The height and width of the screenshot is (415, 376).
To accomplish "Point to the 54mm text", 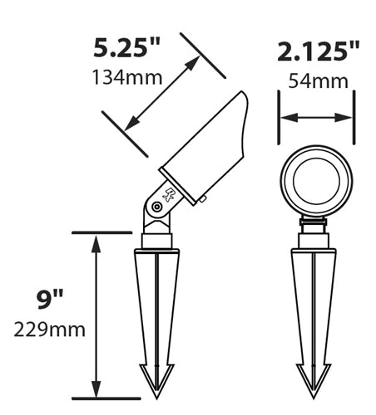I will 317,81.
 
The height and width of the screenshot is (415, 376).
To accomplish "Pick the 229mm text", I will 49,330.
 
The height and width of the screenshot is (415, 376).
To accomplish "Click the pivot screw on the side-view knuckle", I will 155,207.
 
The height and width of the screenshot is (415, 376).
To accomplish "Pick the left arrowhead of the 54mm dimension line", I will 285,118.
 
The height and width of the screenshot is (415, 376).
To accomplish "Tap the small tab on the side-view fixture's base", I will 202,198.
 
